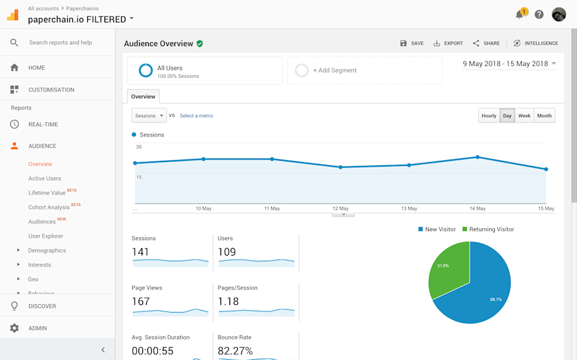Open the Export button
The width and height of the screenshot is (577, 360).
coord(448,44)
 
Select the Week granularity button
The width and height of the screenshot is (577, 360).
coord(524,116)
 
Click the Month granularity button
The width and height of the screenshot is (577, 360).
coord(544,116)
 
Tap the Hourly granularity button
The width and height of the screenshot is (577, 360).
coord(489,116)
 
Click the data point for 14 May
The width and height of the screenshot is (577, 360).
coord(478,157)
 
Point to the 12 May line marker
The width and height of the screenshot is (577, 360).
coord(340,167)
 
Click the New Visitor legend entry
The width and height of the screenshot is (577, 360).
coord(437,229)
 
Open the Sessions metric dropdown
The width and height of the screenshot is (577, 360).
coord(149,116)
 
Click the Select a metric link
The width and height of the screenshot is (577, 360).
coord(196,116)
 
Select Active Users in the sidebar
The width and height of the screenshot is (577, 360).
coord(45,179)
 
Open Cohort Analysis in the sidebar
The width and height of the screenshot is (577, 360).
coord(49,208)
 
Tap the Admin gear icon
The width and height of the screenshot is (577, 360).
coord(14,328)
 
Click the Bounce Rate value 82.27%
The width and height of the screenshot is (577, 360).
coord(235,351)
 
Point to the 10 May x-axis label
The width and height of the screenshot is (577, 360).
coord(203,209)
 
